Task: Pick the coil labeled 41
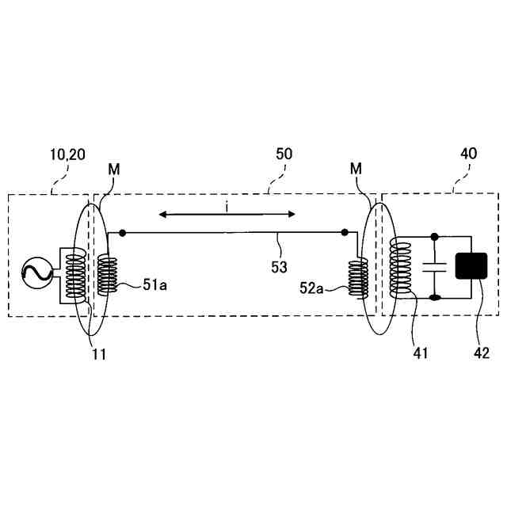404,268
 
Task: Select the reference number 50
284,154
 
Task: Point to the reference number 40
468,154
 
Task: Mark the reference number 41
420,353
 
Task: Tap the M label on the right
357,170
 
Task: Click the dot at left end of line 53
121,233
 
